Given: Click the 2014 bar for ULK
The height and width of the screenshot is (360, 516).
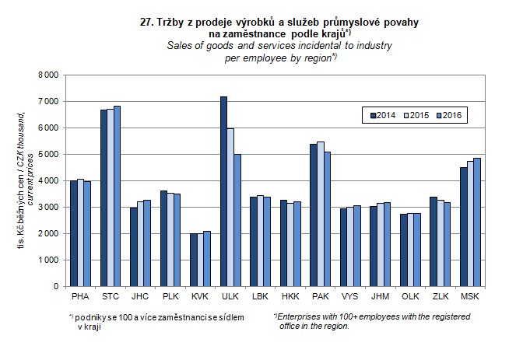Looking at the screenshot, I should [223, 191].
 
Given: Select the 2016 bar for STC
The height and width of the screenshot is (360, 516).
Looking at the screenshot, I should [118, 196].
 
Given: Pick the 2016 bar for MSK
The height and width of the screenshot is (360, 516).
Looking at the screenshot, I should [477, 222].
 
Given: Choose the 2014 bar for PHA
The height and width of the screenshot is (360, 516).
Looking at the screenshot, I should [73, 233].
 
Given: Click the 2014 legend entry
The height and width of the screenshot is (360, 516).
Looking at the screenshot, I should [382, 115].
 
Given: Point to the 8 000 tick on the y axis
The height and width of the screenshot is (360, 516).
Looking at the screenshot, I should [48, 75].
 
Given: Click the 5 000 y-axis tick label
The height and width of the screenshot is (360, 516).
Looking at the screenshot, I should [48, 155].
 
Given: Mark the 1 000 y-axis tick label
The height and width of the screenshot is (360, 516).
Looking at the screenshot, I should [48, 260].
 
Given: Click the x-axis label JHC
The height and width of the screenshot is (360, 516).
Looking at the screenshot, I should [140, 296].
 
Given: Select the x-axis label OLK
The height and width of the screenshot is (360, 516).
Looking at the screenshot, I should [409, 296].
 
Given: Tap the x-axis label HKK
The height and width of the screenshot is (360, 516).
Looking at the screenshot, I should [290, 296].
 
